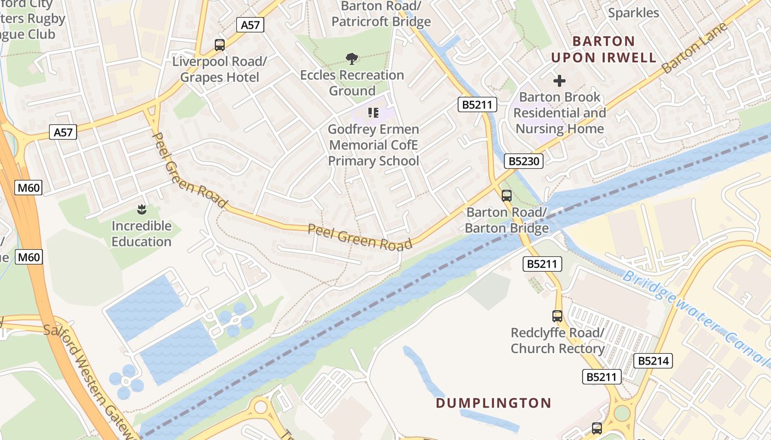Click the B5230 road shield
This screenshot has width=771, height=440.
[x=524, y=161]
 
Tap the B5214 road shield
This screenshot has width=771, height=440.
[x=654, y=361]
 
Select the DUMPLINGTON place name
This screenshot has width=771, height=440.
[x=493, y=403]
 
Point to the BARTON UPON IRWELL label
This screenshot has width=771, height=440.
[x=604, y=50]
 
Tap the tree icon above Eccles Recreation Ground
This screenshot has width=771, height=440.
[x=351, y=58]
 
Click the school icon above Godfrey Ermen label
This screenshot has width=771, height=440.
[x=373, y=113]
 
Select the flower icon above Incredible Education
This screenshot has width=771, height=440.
[x=142, y=209]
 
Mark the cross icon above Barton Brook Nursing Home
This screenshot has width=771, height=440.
[x=560, y=81]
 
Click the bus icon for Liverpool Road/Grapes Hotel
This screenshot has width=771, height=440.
[x=220, y=45]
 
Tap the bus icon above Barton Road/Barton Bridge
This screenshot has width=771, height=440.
[x=507, y=195]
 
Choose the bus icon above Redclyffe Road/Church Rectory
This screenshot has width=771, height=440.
[x=557, y=316]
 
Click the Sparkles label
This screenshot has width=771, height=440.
[x=633, y=13]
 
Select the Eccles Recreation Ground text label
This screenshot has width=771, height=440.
[x=352, y=82]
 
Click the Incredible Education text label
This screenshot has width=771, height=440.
[x=142, y=234]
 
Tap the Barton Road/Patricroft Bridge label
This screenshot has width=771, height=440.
[x=381, y=14]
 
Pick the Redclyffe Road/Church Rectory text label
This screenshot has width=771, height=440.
[x=557, y=340]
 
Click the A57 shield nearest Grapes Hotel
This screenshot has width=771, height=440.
[x=251, y=25]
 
